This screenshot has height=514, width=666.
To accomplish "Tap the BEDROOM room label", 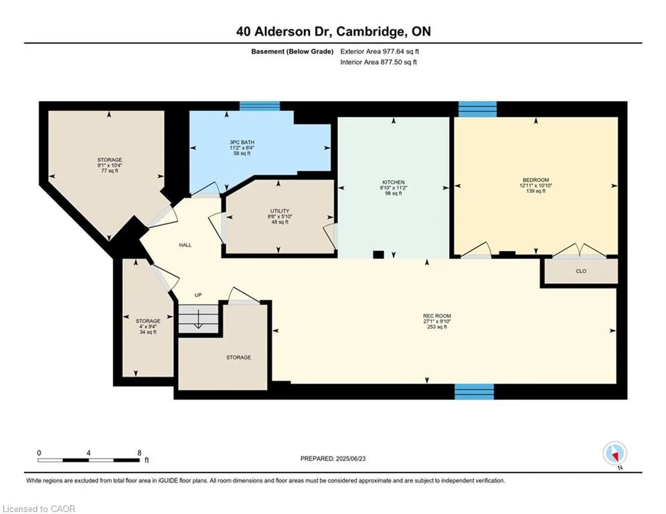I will [x=535, y=180].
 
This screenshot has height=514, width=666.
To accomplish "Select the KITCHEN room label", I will [x=393, y=182].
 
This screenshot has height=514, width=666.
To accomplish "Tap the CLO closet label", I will [x=580, y=272].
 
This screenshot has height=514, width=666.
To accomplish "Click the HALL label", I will [x=185, y=245].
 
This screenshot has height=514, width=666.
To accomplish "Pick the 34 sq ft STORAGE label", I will [x=148, y=321].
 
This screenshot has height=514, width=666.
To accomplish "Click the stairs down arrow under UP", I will [x=199, y=320].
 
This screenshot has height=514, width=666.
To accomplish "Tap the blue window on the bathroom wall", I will [x=260, y=106].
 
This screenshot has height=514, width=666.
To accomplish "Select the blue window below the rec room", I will [x=474, y=392].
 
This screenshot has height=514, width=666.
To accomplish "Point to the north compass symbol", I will [x=614, y=453].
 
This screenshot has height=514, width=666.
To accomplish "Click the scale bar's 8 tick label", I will [x=139, y=453].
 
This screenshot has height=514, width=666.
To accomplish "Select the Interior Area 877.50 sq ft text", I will [x=378, y=62].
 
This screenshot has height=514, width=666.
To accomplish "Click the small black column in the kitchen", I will [x=378, y=254].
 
